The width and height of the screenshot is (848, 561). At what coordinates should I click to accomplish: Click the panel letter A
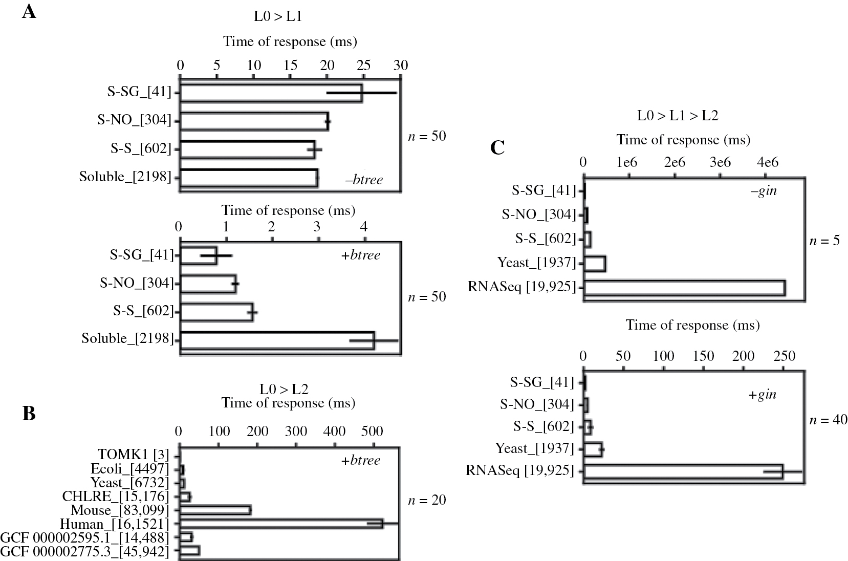click(x=29, y=11)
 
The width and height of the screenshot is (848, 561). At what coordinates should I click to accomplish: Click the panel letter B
click(x=29, y=413)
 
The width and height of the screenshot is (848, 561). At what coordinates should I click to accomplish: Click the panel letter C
click(x=497, y=148)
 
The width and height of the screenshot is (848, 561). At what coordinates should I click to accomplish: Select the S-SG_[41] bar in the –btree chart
click(x=271, y=93)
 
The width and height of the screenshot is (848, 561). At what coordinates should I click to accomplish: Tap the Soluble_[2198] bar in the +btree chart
click(x=277, y=340)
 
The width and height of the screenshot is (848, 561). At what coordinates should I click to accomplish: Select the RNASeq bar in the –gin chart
click(x=684, y=288)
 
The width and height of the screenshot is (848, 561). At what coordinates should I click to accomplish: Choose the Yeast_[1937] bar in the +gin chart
click(x=593, y=449)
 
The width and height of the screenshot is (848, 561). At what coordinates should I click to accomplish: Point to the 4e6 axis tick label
click(x=767, y=162)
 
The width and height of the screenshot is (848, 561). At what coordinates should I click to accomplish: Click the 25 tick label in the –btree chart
click(x=363, y=66)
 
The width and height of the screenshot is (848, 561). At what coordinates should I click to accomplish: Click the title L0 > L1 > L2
click(x=678, y=116)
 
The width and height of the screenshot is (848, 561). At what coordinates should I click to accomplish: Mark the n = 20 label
click(x=427, y=500)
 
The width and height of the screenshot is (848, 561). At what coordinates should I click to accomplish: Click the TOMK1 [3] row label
click(x=133, y=455)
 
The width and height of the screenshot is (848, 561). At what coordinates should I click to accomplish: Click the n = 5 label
click(x=824, y=240)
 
